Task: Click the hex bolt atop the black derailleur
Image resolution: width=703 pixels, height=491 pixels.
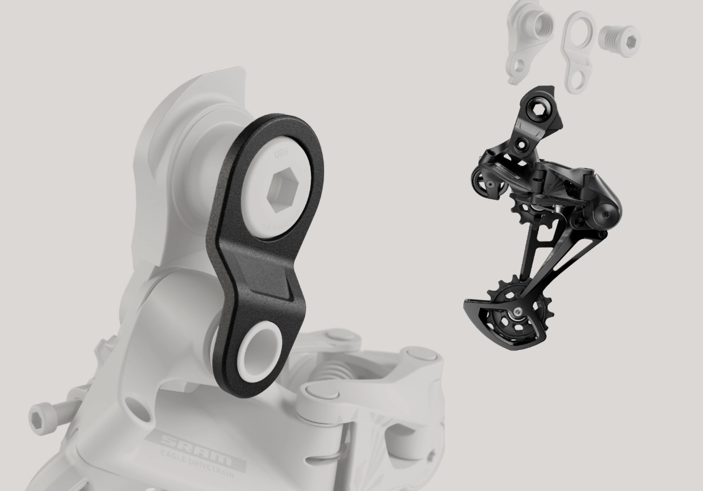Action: click(539, 109)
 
